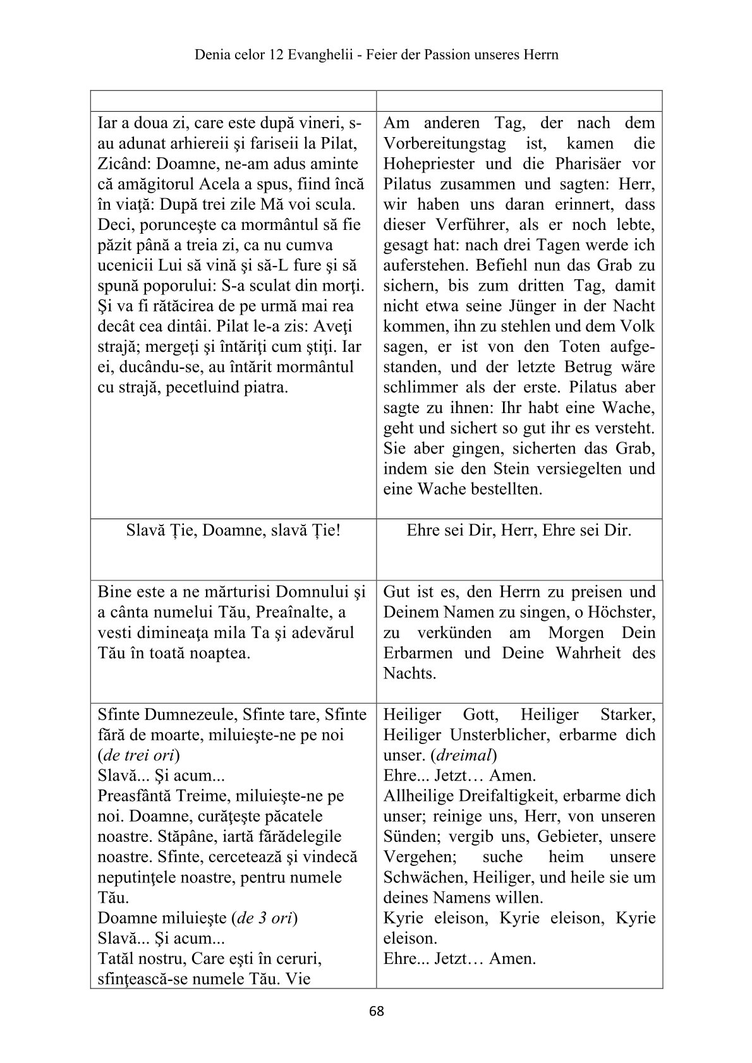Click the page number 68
pos(376,1011)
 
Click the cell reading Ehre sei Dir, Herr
pos(519,531)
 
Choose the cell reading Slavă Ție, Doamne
pos(233,531)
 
